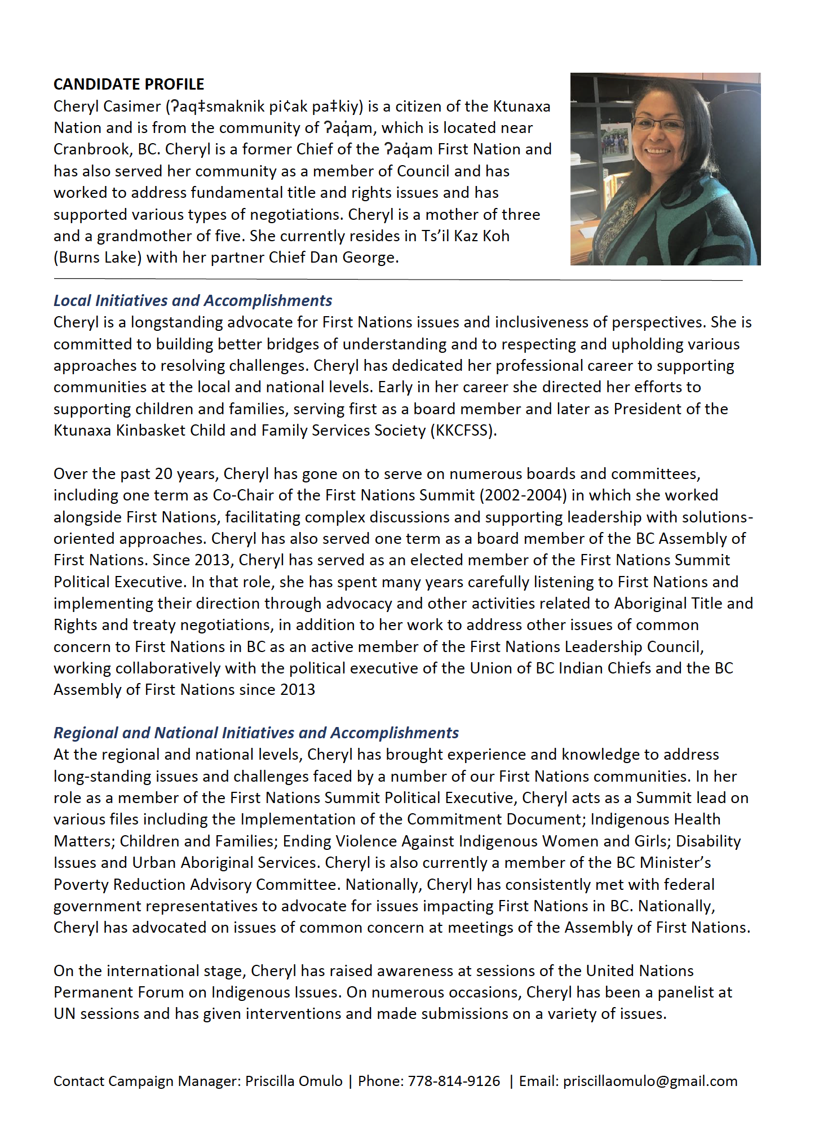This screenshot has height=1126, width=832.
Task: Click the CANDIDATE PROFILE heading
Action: click(129, 84)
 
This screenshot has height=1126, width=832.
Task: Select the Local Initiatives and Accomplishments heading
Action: click(192, 300)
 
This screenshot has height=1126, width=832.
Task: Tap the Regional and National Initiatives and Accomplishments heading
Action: click(256, 733)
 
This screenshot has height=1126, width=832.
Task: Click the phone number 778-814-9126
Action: click(454, 1081)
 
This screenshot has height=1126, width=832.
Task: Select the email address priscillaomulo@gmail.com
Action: click(650, 1081)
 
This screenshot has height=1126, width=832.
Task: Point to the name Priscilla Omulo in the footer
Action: click(294, 1081)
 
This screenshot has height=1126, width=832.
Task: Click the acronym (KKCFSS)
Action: click(463, 431)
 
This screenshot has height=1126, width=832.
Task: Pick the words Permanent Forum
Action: click(119, 992)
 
